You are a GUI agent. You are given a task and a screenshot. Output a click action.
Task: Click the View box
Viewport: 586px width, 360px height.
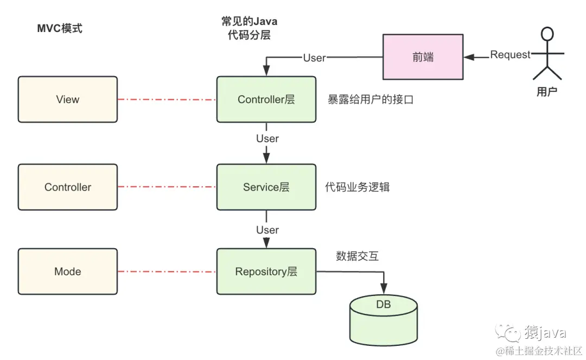(68, 99)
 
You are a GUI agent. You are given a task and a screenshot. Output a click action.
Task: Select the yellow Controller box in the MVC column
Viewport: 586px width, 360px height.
(68, 187)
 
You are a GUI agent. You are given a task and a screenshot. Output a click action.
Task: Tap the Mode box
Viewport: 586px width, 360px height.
(68, 271)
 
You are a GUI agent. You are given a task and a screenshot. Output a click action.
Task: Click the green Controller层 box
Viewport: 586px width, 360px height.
(266, 99)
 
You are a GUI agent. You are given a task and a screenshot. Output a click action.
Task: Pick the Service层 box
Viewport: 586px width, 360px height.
(266, 187)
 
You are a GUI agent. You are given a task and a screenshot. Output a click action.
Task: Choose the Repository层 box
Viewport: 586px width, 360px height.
(266, 271)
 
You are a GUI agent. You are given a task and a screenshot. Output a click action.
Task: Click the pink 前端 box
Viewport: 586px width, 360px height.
(423, 57)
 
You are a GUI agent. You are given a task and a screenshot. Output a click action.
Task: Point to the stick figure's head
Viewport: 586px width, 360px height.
(547, 34)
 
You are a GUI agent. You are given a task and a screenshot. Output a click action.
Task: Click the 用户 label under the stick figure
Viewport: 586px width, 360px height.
(547, 92)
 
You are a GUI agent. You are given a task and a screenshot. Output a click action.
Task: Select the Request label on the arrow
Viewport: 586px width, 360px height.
(510, 55)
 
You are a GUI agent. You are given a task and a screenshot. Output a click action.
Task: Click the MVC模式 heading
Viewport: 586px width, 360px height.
(60, 29)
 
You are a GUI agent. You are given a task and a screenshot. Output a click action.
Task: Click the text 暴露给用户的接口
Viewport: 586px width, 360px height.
(371, 100)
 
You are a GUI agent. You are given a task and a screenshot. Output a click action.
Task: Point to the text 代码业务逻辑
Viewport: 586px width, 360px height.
(357, 188)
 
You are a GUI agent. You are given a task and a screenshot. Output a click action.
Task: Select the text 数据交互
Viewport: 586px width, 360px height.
(357, 256)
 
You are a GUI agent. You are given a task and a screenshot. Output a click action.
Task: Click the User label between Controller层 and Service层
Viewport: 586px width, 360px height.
(267, 138)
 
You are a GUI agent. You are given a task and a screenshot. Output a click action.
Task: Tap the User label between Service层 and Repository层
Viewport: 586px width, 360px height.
(267, 230)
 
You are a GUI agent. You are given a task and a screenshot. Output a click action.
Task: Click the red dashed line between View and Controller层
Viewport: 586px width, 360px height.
(167, 99)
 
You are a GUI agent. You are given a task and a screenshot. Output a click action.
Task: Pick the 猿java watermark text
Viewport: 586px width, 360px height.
(545, 332)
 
